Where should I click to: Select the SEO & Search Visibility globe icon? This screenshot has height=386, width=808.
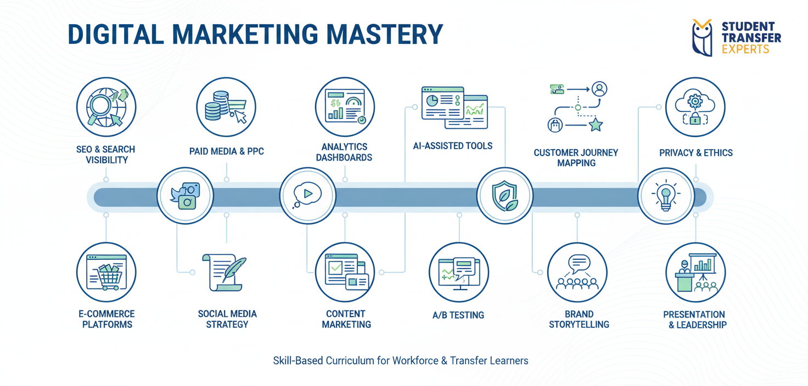106,106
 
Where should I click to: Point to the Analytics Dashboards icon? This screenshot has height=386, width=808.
345,106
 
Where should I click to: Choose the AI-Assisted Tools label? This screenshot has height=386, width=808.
453,146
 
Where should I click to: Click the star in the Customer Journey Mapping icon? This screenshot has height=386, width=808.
596,126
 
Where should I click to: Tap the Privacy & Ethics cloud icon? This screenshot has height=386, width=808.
695,106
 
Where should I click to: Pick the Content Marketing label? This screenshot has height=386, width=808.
346,319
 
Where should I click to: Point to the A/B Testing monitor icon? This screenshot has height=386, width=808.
459,272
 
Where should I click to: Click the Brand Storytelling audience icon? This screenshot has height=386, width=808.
577,272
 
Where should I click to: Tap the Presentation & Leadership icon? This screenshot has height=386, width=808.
695,272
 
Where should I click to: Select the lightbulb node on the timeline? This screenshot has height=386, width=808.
666,196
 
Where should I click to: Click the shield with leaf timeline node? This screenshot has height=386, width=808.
504,196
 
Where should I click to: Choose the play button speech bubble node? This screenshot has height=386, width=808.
307,195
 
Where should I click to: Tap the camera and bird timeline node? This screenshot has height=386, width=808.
185,196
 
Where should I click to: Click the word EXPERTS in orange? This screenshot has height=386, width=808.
745,49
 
